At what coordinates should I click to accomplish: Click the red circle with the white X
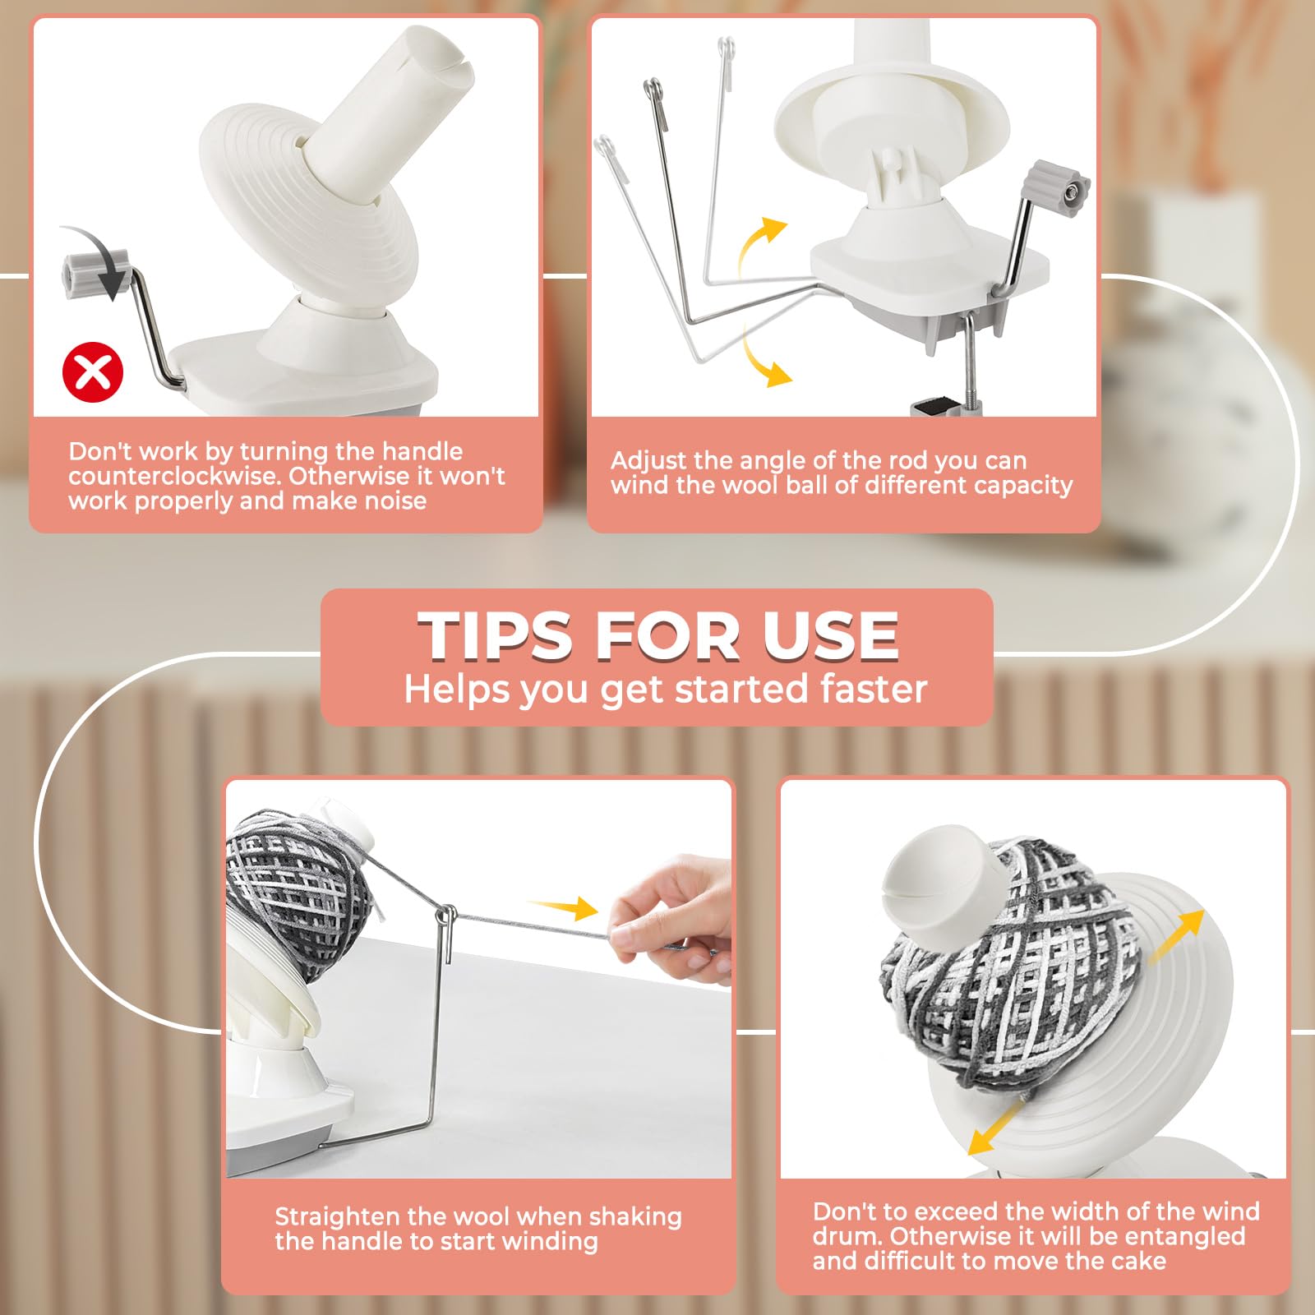(x=93, y=372)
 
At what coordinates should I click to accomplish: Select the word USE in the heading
(x=830, y=635)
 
